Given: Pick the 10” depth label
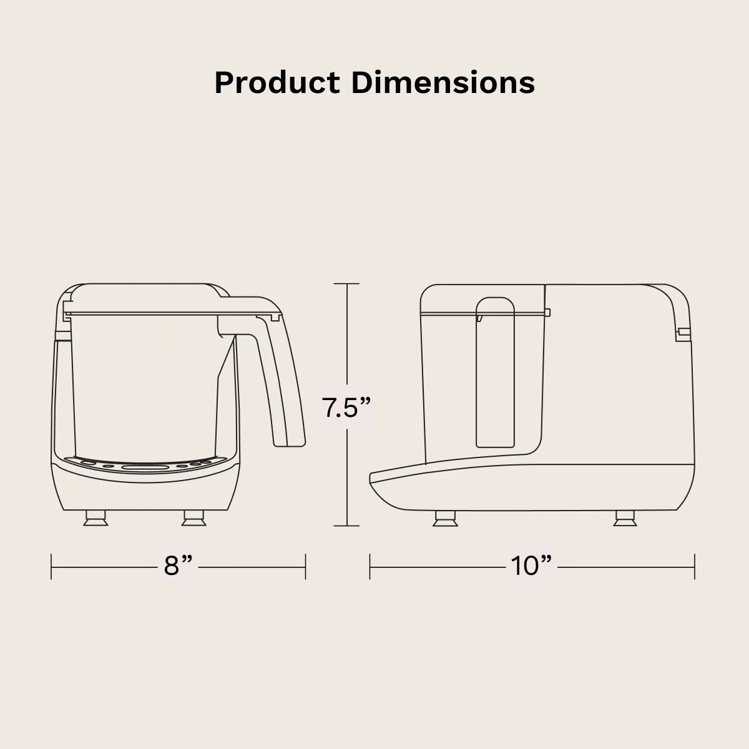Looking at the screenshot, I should point(532,566).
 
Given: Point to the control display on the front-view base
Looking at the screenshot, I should point(145,467).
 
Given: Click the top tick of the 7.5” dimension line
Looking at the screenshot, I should point(347,284).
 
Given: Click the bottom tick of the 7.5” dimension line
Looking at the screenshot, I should point(347,526).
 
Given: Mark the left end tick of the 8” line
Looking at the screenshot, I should point(51,566).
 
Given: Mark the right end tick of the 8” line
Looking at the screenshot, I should point(305,566).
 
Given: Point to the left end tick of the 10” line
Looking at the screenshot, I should point(370,566).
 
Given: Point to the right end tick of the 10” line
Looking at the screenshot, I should point(695,566).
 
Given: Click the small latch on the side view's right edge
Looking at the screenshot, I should point(683,333).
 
